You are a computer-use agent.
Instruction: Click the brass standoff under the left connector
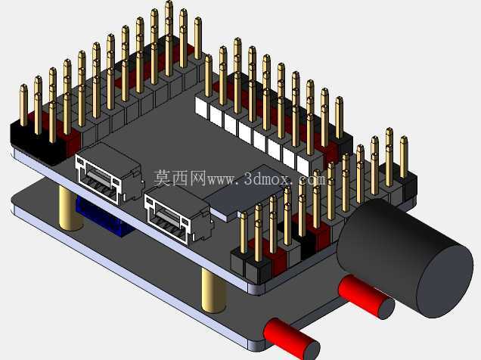click(x=70, y=209)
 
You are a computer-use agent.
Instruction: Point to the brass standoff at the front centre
click(x=214, y=290)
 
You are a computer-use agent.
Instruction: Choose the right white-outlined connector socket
click(x=178, y=215)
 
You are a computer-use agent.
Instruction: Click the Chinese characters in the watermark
click(x=180, y=178)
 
